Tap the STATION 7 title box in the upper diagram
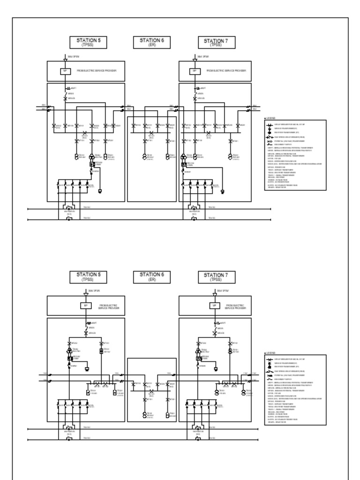pos(216,43)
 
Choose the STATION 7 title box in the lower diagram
pos(216,277)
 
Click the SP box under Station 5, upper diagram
pos(65,71)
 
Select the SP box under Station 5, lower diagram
pos(85,306)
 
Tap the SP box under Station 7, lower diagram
pos(215,306)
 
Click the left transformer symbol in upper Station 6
pos(144,156)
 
